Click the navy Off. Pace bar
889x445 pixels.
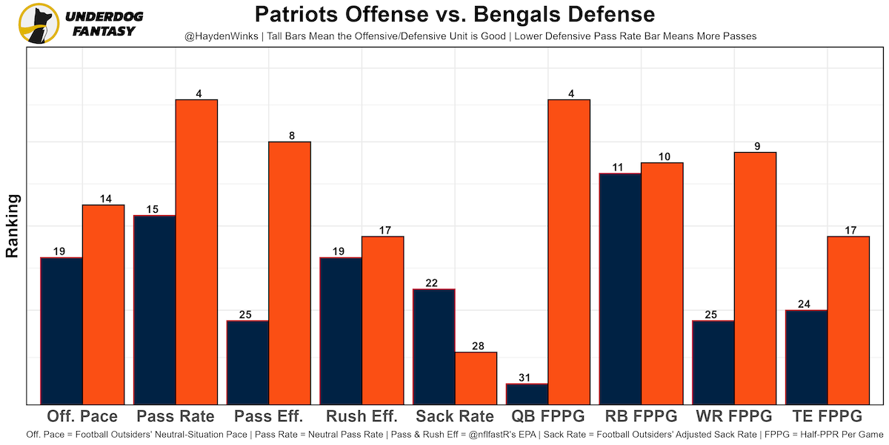pos(61,331)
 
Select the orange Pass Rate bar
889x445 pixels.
pos(196,252)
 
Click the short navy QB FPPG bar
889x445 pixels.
pos(527,394)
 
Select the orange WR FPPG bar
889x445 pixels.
pos(755,278)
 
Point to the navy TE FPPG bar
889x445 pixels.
pos(806,357)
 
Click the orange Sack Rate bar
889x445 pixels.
pos(476,378)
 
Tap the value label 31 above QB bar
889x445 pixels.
pos(525,378)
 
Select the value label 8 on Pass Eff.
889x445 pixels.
pos(292,136)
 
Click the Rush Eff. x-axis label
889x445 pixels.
pos(362,416)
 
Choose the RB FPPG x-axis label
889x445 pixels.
pos(641,416)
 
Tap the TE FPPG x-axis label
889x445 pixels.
pos(828,416)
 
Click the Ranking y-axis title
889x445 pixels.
pos(13,225)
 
